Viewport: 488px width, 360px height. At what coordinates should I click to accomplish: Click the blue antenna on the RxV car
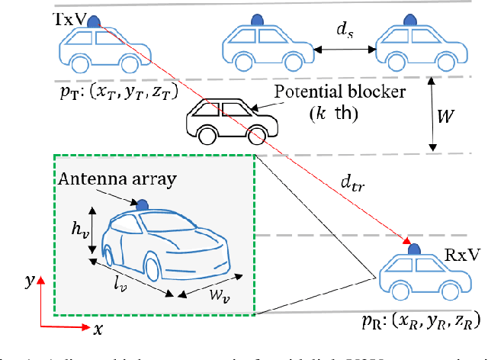click(x=413, y=249)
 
